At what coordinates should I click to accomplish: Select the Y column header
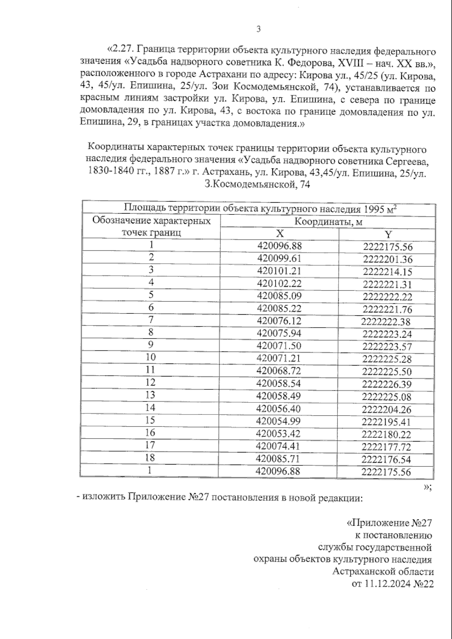pos(388,235)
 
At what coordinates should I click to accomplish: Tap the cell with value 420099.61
pos(279,259)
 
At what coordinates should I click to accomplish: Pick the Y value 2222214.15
pos(388,272)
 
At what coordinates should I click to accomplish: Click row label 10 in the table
pos(150,357)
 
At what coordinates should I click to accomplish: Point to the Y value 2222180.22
pos(386,435)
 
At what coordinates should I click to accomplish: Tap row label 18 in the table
pos(150,457)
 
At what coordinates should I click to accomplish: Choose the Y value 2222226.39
pos(387,385)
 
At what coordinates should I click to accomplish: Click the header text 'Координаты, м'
pos(328,222)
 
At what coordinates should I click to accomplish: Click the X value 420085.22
pos(279,309)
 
